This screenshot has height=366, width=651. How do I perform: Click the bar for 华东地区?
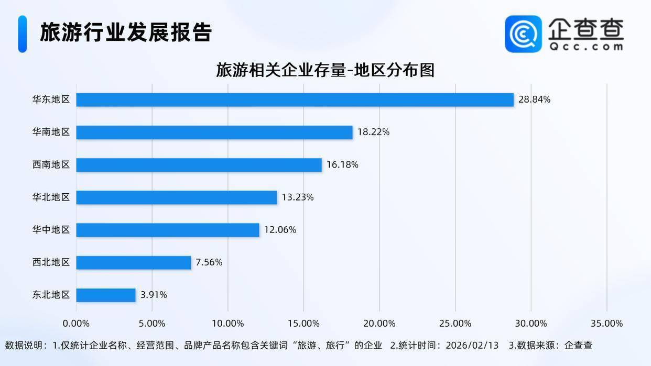coord(295,99)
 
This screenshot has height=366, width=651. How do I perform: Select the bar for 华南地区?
coord(214,132)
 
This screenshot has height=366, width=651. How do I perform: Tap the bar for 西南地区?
coord(199,165)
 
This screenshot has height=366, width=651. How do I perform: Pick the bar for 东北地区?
coord(106,295)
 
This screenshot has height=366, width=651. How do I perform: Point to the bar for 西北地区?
coord(133,262)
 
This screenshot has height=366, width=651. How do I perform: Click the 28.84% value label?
coord(534,99)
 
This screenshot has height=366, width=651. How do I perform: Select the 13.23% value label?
coord(297,197)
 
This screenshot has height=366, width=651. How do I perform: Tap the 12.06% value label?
coord(280,230)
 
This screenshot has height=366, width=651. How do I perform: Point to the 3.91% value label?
coord(154,295)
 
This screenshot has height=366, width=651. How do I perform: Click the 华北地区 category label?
coord(51,197)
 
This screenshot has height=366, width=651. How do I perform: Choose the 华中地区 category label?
coord(51,230)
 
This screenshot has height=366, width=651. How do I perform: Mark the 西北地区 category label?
coord(51,262)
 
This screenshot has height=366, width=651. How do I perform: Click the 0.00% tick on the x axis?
coord(76,324)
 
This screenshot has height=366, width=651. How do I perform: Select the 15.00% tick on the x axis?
coord(303,324)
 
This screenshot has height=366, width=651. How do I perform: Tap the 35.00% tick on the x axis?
coord(606,324)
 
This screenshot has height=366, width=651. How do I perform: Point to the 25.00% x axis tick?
coord(455,324)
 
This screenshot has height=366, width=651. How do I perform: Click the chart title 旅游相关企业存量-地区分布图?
coord(325,70)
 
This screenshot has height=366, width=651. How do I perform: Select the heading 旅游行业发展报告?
coord(126,32)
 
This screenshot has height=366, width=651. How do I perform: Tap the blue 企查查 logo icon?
coord(523,34)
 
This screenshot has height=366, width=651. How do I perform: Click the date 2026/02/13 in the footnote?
coord(471,346)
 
